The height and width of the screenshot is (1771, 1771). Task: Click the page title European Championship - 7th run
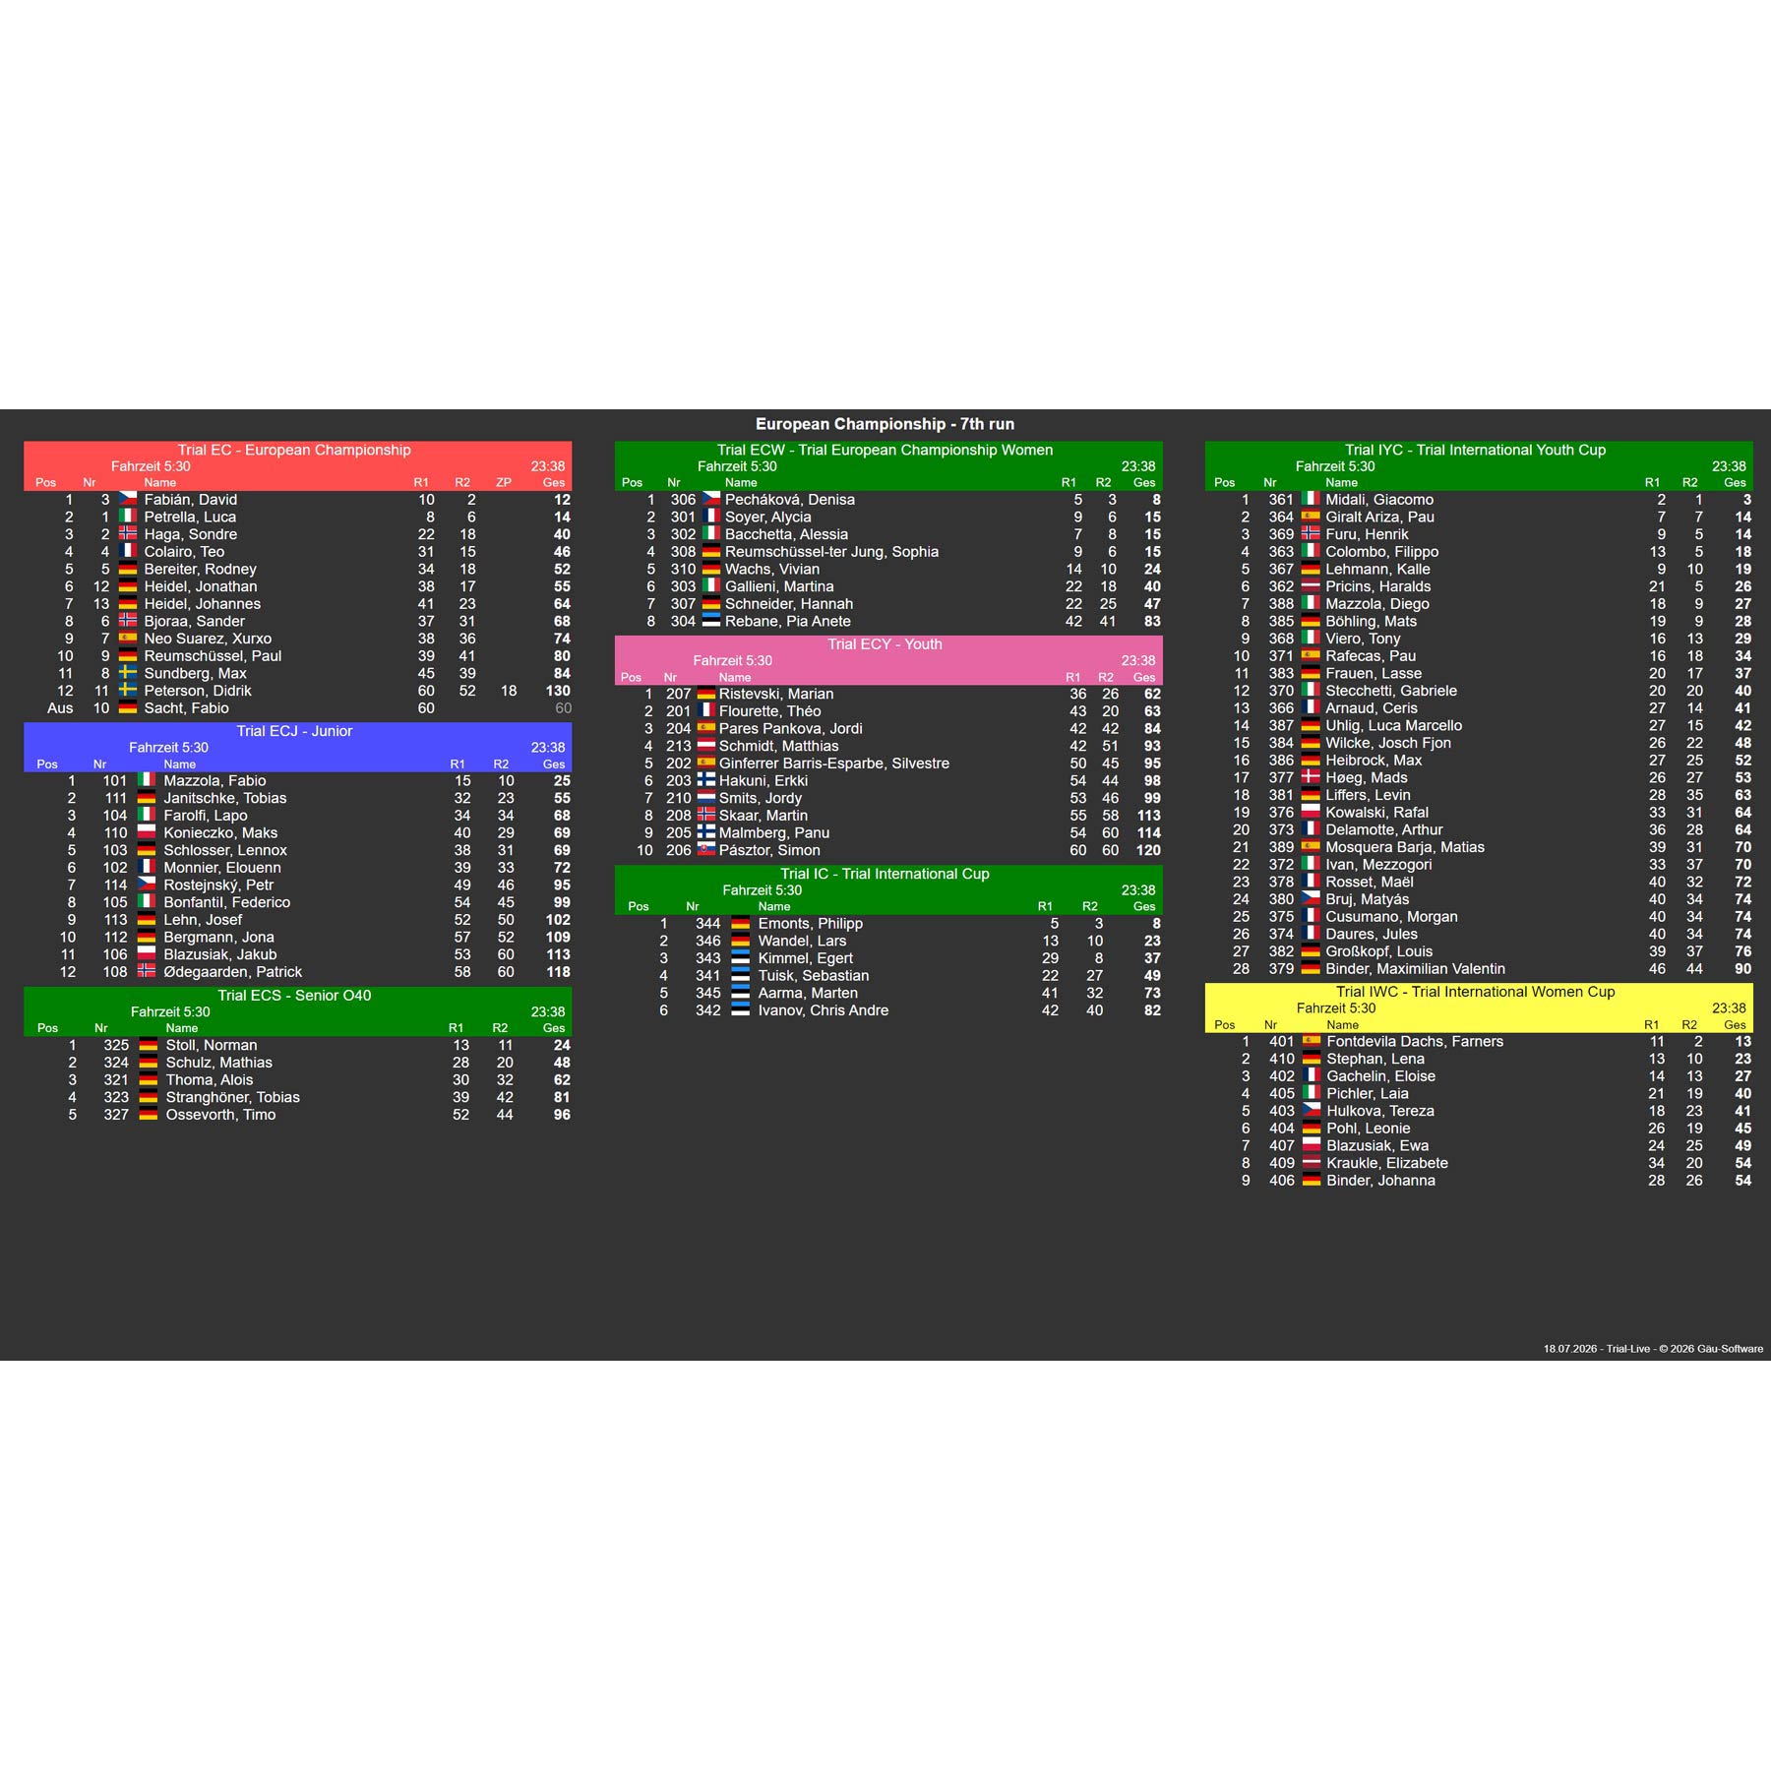click(885, 424)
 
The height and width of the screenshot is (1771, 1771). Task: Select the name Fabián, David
click(191, 500)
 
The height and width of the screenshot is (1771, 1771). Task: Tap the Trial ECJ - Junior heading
click(294, 731)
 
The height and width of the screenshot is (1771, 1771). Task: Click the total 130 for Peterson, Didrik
click(558, 691)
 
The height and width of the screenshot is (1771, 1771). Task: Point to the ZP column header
click(504, 482)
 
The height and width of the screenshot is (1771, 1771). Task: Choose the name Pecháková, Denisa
click(790, 500)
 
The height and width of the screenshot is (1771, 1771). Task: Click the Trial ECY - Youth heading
click(885, 644)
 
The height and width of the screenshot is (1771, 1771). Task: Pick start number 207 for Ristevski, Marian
click(679, 694)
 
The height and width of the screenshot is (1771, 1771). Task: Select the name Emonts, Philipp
click(811, 924)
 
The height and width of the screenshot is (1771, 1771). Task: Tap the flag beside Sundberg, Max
click(128, 673)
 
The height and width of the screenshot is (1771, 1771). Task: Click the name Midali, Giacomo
click(1379, 500)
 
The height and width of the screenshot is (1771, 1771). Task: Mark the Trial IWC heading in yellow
click(1476, 992)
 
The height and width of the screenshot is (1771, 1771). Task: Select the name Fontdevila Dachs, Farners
click(1415, 1041)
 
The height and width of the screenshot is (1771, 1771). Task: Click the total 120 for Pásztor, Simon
click(1148, 850)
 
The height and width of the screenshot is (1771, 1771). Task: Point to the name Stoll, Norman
click(212, 1045)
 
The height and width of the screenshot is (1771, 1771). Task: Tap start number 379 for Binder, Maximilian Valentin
click(1281, 969)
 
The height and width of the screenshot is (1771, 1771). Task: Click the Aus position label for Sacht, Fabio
click(60, 708)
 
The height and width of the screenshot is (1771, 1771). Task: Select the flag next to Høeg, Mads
click(1311, 777)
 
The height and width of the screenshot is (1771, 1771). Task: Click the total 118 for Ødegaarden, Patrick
click(558, 972)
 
